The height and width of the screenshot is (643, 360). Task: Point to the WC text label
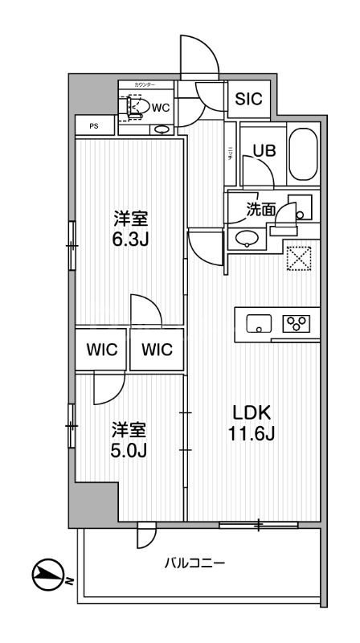click(160, 106)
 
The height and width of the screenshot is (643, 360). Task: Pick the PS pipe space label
click(92, 126)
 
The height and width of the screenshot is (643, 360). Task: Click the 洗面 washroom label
click(260, 208)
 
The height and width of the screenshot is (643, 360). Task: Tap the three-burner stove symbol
click(297, 323)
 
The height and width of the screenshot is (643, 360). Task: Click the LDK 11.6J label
click(252, 423)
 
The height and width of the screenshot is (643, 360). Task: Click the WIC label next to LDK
click(156, 350)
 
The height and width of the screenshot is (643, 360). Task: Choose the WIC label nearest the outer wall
click(101, 350)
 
